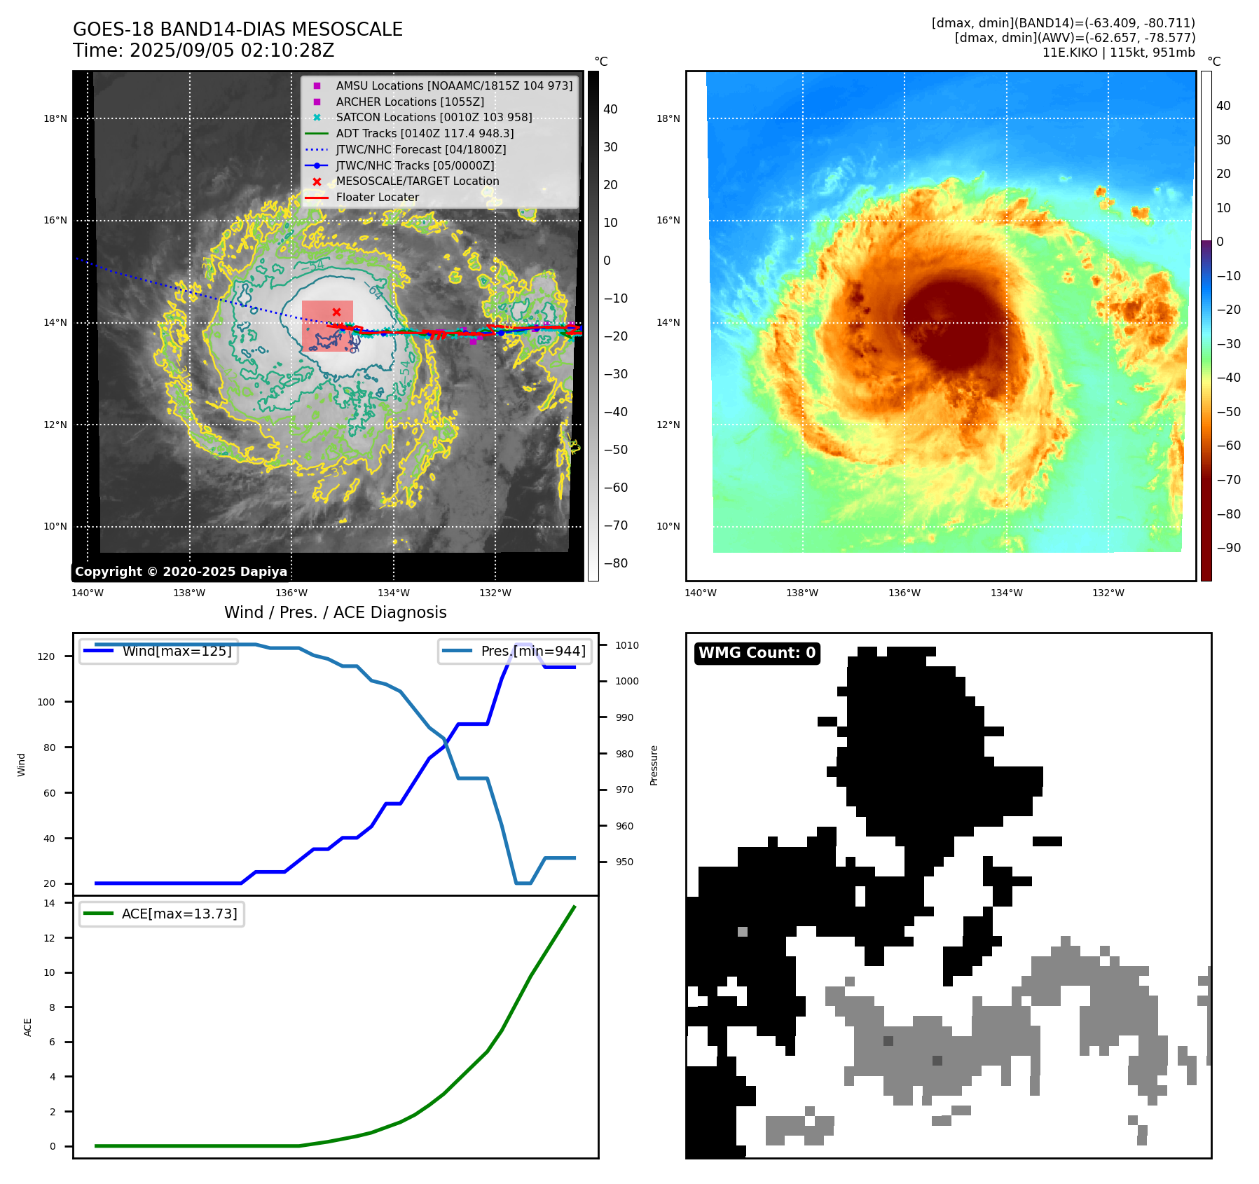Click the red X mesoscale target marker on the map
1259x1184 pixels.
tap(336, 312)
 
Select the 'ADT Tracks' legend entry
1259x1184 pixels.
tap(425, 134)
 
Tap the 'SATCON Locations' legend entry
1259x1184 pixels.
tap(434, 118)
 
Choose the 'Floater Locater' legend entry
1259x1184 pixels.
tap(377, 198)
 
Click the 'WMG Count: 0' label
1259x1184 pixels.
tap(757, 653)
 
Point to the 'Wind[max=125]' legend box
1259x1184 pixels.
tap(158, 652)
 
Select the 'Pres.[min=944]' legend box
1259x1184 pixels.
tap(515, 652)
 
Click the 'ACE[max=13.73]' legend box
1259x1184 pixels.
tap(162, 914)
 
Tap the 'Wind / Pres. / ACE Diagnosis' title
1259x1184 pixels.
tap(335, 613)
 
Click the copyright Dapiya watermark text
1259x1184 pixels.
tap(181, 572)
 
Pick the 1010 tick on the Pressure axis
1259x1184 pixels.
tap(627, 645)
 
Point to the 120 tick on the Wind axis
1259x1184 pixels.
tap(46, 657)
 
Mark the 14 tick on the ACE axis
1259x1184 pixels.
tap(49, 904)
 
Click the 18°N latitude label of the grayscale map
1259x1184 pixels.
tap(55, 119)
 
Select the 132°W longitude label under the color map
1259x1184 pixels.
tap(1108, 593)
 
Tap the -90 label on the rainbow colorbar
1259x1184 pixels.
tap(1228, 548)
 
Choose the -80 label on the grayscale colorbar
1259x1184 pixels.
tap(616, 563)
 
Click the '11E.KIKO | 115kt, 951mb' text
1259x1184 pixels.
tap(1118, 53)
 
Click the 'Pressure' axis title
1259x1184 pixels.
tap(654, 765)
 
